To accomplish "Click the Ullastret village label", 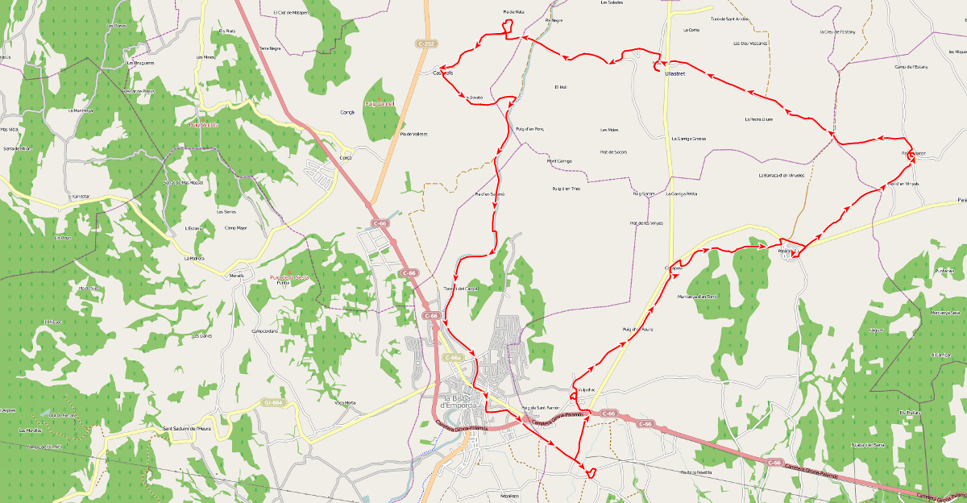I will click(x=674, y=73).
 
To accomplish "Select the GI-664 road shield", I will click(x=273, y=402).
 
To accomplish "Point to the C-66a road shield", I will click(x=452, y=357).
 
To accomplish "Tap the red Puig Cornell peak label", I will click(x=380, y=103).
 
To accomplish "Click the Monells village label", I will click(x=236, y=276).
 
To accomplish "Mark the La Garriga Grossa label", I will click(x=688, y=139).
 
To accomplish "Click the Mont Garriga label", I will click(x=559, y=160).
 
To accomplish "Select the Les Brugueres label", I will click(x=140, y=62).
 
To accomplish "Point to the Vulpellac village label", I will click(x=586, y=389).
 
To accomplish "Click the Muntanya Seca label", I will click(x=944, y=313).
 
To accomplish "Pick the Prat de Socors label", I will click(x=613, y=152).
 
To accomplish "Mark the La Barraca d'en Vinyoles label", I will click(x=781, y=175).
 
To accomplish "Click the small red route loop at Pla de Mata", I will click(x=508, y=27).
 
